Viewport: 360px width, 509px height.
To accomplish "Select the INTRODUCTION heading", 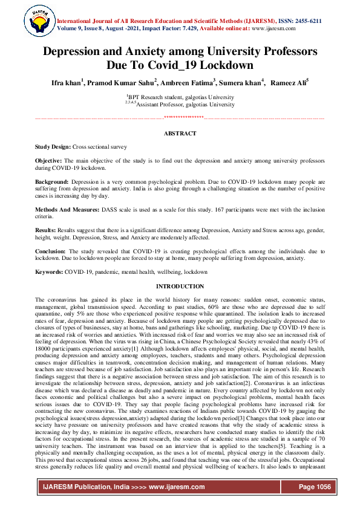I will pos(180,286).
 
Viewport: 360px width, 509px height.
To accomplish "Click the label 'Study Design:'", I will pos(53,147).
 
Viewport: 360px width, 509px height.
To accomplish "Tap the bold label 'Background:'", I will pos(52,181).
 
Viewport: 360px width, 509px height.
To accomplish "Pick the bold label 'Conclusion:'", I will pos(51,251).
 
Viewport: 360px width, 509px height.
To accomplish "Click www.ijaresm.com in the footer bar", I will pos(174,487).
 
